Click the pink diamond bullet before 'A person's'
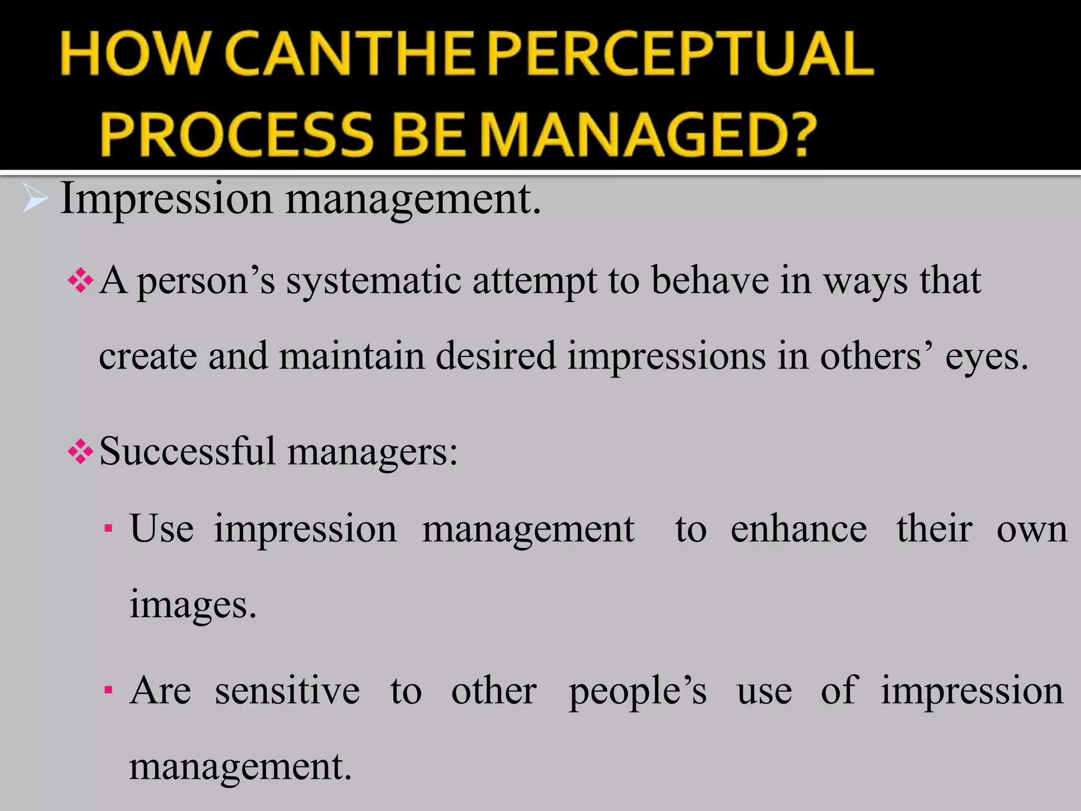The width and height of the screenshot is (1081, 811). click(x=81, y=280)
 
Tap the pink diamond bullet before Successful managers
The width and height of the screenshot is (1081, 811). click(x=81, y=452)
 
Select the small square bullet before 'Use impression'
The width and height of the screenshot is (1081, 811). click(x=108, y=529)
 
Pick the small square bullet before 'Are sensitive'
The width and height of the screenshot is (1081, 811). click(x=108, y=690)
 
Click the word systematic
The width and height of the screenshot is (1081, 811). click(x=374, y=281)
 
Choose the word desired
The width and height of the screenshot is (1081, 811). click(x=496, y=356)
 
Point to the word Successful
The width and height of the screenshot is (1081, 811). click(x=187, y=451)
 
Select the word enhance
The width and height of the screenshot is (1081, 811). click(x=799, y=529)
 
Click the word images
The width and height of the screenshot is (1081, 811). click(x=193, y=605)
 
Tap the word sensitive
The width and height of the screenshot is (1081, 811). click(x=287, y=691)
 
